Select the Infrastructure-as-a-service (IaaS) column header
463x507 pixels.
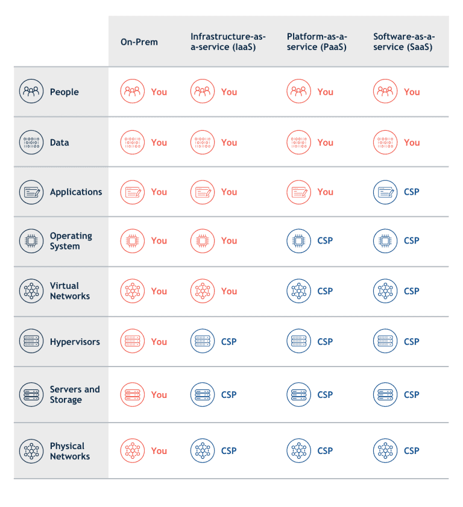pos(228,42)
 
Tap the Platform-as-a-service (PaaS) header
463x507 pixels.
pos(317,42)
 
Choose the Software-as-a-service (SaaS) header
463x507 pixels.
pos(403,42)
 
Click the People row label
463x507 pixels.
pos(64,92)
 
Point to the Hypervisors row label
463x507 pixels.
pos(75,342)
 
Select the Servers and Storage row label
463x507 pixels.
pos(75,395)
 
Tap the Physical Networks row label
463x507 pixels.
pos(70,451)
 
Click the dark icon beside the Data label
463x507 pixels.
pos(31,142)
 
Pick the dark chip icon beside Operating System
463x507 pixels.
pos(31,241)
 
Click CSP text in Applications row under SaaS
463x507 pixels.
pos(411,192)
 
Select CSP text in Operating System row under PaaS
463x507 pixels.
pos(325,241)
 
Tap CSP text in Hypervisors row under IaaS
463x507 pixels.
pos(228,342)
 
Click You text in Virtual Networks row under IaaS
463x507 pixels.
pos(229,291)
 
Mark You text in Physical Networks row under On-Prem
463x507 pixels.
pos(159,451)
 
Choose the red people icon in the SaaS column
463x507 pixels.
pos(385,92)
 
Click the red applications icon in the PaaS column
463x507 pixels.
pos(298,192)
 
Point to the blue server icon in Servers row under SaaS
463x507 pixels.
pos(385,395)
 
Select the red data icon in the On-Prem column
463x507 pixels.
pos(132,142)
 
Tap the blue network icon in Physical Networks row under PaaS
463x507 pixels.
pos(298,451)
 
